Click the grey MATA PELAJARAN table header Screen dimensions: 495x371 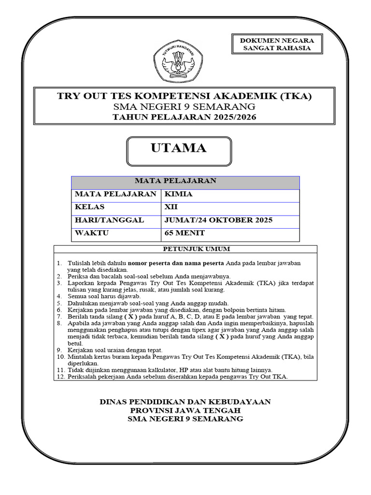point(185,182)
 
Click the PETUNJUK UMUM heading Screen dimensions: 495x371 point(185,249)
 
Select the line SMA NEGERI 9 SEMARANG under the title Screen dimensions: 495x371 point(185,106)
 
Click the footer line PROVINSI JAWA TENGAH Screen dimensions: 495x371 point(185,410)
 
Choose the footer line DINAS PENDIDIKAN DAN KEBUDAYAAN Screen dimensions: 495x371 point(185,402)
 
